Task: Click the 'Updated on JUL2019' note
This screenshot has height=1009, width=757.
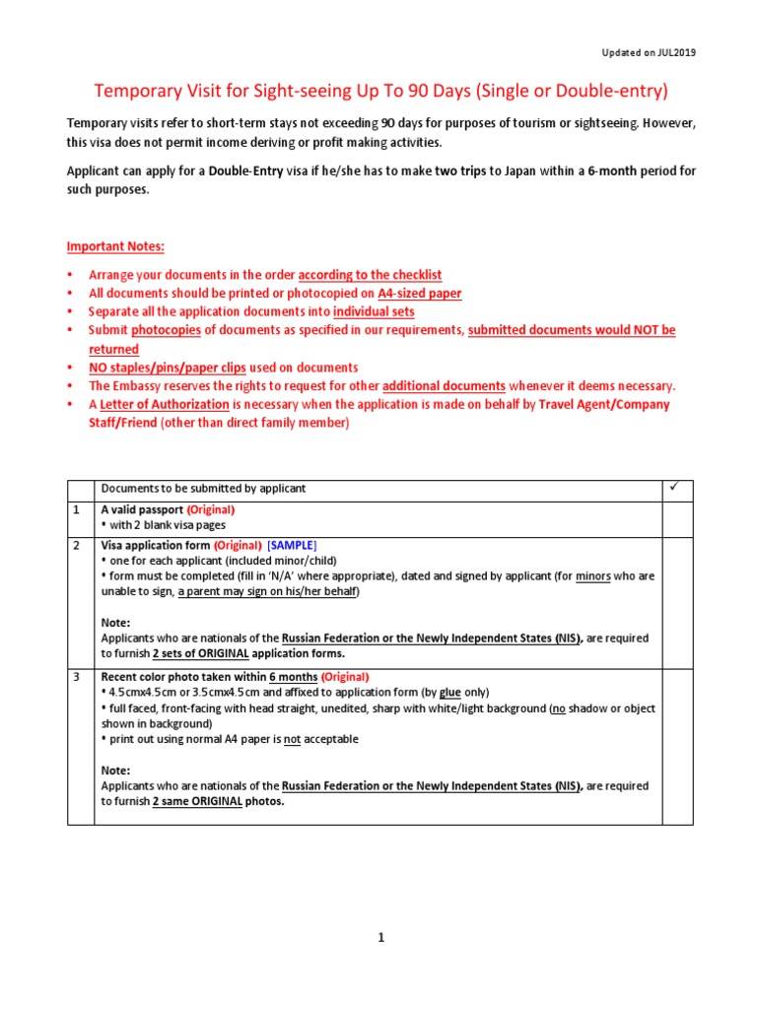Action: (648, 52)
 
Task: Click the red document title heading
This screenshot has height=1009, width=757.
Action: (380, 92)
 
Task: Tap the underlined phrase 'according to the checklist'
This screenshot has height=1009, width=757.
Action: (370, 275)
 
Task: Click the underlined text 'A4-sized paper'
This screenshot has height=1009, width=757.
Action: (420, 294)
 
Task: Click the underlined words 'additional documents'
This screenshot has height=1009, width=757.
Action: (444, 386)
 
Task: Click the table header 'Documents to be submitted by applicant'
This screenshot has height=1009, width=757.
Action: (204, 489)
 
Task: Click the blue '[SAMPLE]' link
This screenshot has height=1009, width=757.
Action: (293, 545)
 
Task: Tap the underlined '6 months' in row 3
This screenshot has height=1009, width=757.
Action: (293, 677)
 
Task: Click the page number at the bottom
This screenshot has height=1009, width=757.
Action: (380, 938)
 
